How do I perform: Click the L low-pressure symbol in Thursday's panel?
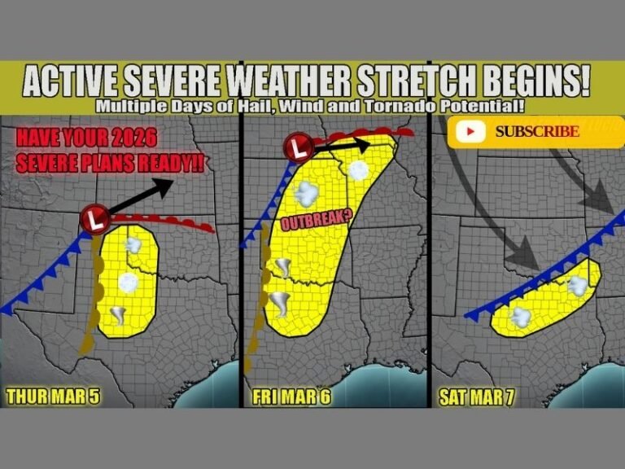coord(96,218)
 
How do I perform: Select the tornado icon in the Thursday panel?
coord(120,315)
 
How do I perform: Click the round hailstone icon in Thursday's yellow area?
coord(128,282)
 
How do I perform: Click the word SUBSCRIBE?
coord(537,131)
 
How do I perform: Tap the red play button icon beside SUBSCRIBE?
coord(471,131)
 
